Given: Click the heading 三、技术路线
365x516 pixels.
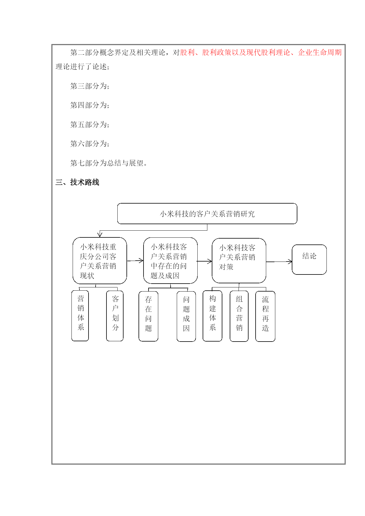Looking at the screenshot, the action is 77,182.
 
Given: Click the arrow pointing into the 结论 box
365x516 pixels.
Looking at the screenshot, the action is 279,262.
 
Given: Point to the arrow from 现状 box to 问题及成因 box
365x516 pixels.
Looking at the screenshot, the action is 135,261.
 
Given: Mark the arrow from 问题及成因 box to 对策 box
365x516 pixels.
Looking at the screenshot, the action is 205,261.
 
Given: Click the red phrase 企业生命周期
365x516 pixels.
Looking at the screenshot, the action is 320,52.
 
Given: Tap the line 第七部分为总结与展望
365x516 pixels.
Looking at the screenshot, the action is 109,163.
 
